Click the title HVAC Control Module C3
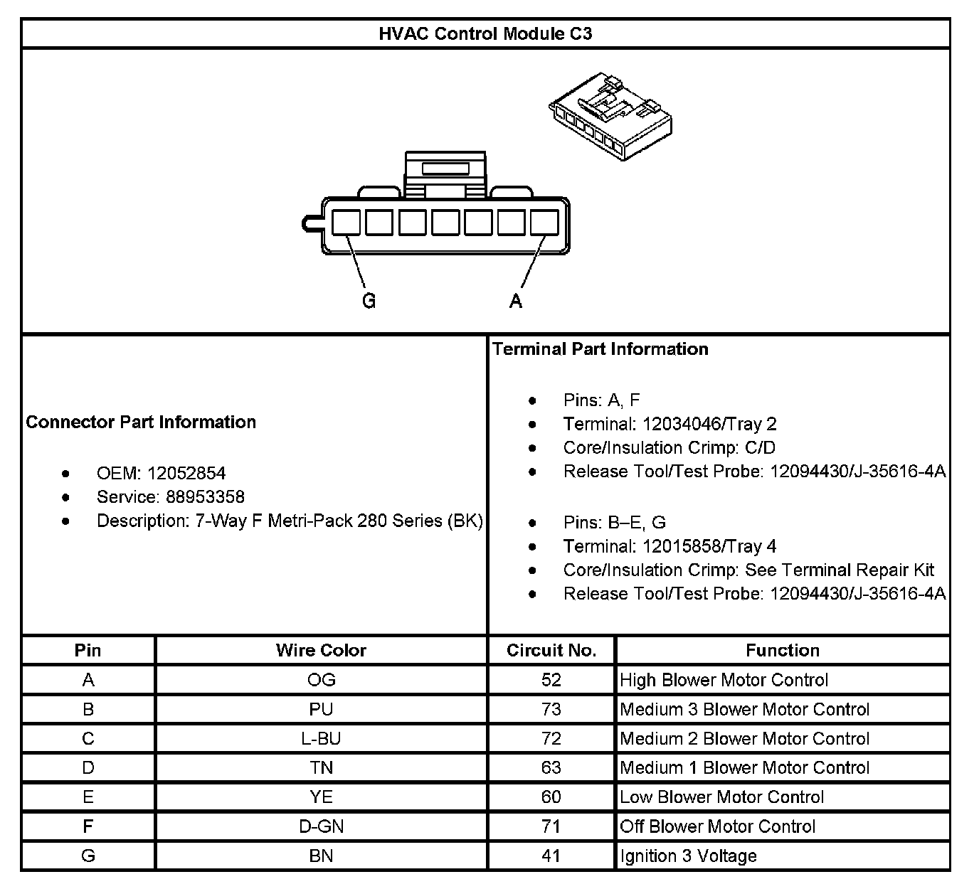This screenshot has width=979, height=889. [485, 33]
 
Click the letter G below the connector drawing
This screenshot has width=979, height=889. [369, 301]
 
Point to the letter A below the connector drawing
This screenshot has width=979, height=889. [516, 301]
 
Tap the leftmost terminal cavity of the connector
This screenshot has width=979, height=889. [346, 223]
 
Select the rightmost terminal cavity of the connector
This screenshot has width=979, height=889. [545, 223]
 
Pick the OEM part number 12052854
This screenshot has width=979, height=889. [186, 473]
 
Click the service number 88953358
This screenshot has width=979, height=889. [205, 496]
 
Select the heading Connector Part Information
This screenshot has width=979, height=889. [141, 422]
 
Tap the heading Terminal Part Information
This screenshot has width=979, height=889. [600, 348]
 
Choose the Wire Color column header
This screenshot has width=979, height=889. [321, 650]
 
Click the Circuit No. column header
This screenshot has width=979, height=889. [551, 650]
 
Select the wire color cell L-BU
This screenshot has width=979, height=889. [321, 738]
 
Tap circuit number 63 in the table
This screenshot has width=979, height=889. [551, 767]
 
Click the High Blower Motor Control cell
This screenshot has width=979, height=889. [724, 680]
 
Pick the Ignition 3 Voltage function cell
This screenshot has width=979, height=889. [688, 856]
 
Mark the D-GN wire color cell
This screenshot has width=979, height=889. [321, 826]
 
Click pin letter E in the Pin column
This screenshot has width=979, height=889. [88, 797]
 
